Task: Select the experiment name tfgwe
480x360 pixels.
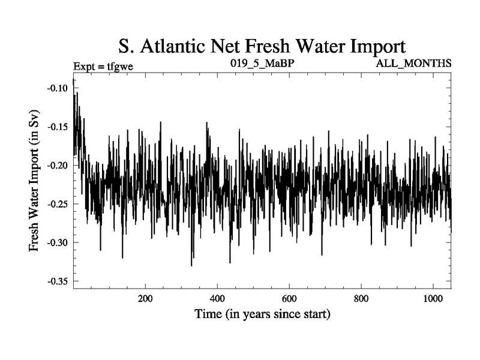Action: [x=120, y=66]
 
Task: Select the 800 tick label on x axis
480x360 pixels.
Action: [x=361, y=299]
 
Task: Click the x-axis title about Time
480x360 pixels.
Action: [x=262, y=314]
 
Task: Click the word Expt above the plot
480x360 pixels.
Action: [x=84, y=66]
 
